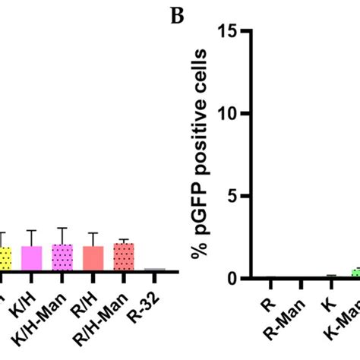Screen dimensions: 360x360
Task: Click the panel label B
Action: coord(178,16)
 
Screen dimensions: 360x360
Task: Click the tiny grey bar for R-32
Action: coord(154,270)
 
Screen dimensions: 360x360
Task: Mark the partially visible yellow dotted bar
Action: coord(5,257)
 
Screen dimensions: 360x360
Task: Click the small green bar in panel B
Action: coord(355,274)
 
